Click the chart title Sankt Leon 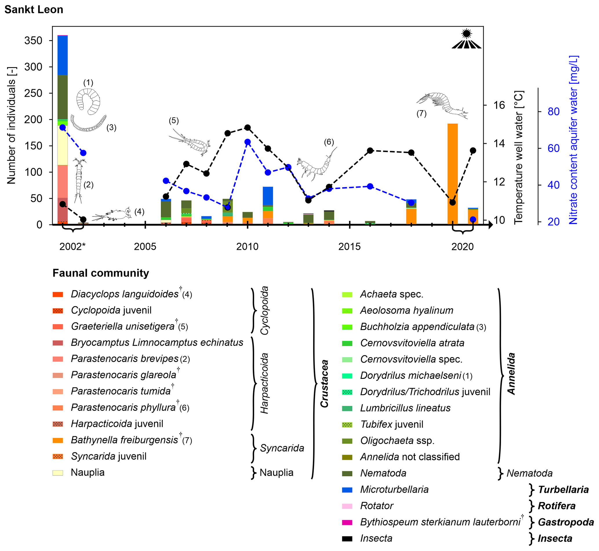pos(34,10)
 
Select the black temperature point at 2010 pos(247,128)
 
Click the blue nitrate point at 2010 pos(247,142)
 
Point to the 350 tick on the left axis pos(33,41)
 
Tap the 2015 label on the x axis pos(349,247)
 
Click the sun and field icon pos(466,39)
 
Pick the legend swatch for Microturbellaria pos(347,490)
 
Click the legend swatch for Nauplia pos(58,473)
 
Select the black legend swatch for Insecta pos(347,539)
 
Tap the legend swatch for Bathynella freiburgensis pos(58,440)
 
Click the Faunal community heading pos(101,273)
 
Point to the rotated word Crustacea pos(324,383)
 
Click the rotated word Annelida pos(511,374)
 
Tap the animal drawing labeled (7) pos(442,104)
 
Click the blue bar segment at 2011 pos(268,196)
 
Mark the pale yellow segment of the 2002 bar pos(63,145)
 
